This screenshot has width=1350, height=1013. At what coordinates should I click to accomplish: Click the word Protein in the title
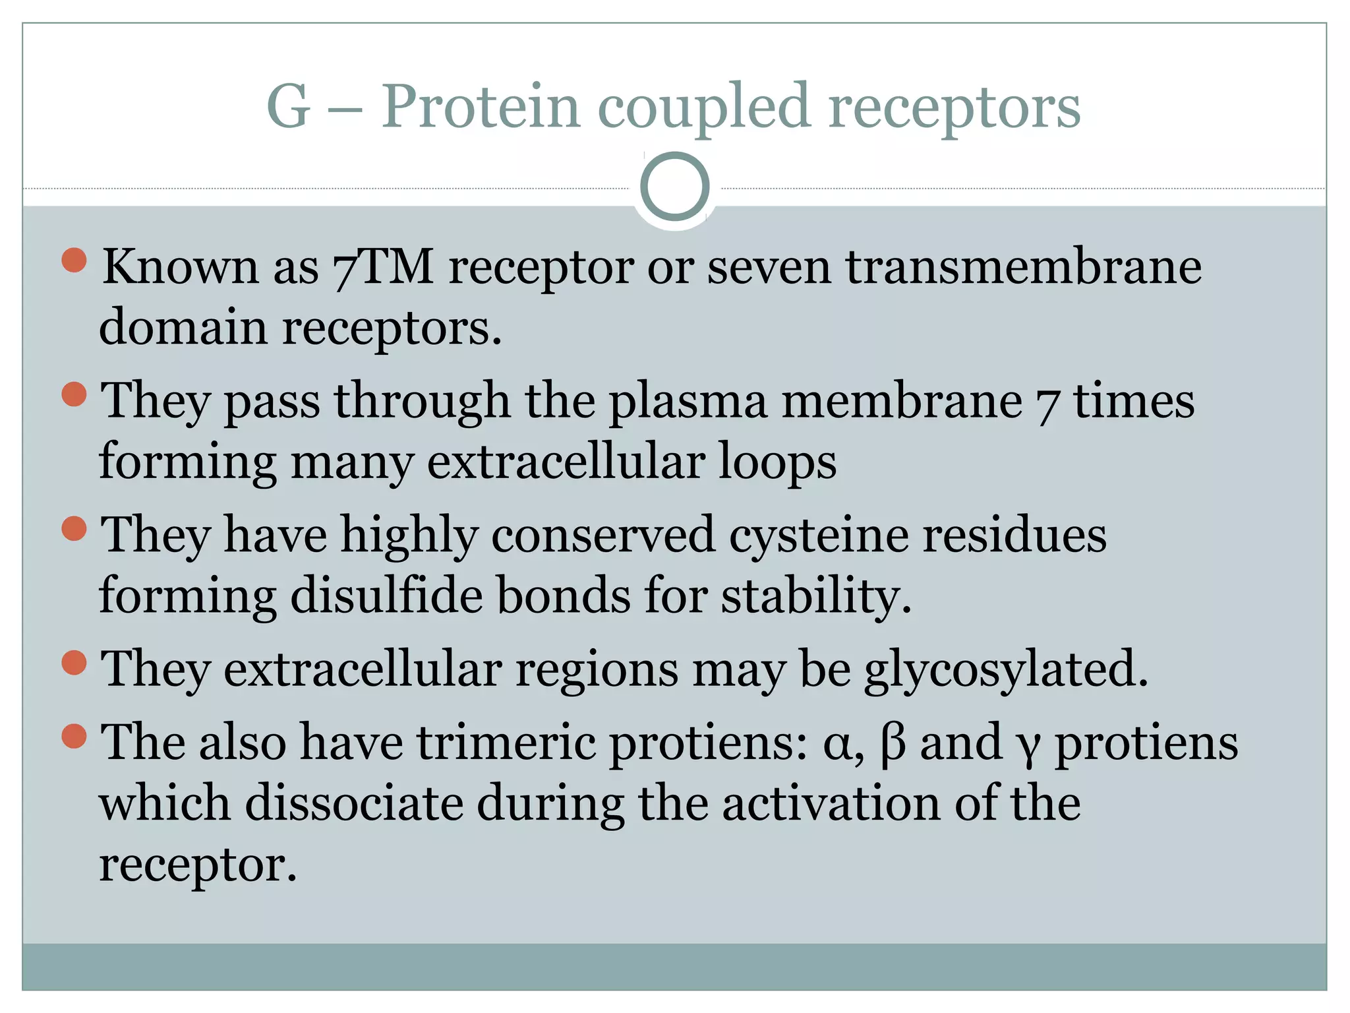click(x=481, y=107)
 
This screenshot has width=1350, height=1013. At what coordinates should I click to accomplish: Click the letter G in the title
click(x=288, y=107)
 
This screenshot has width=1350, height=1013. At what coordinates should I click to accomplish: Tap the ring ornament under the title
click(x=674, y=187)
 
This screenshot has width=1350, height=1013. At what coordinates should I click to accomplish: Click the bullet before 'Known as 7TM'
click(x=74, y=260)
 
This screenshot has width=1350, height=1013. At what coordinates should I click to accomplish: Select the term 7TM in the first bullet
click(x=383, y=267)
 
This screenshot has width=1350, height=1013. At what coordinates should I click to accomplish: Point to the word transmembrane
click(x=1024, y=267)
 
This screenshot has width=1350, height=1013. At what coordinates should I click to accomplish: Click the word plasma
click(x=688, y=402)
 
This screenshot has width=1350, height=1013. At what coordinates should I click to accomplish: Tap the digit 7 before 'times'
click(x=1047, y=404)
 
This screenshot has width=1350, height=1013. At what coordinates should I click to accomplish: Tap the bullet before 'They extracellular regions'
click(x=74, y=663)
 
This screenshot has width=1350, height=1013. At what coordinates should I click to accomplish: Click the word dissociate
click(x=355, y=804)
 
